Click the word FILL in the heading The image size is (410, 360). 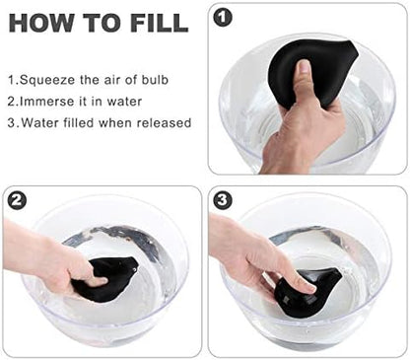tap(160, 23)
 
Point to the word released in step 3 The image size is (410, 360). tap(164, 122)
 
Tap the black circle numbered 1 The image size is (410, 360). tap(223, 18)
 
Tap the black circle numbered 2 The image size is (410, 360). tap(17, 200)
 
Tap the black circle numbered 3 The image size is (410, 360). tap(223, 200)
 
